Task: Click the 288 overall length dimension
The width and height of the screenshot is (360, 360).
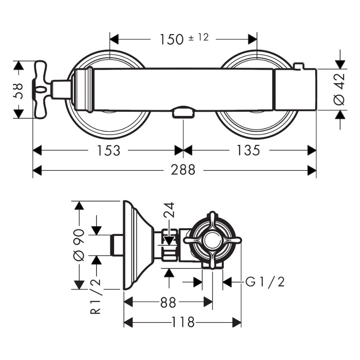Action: pos(183,170)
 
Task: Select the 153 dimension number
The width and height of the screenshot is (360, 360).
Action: pos(108,151)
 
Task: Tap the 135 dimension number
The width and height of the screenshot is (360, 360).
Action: pos(248,151)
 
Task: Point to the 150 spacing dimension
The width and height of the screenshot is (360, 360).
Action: pos(172,39)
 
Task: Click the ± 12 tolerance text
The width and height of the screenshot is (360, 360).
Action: pos(199,37)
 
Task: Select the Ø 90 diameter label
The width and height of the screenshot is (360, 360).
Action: pos(79,245)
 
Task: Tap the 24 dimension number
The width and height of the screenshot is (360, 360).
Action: pos(169,210)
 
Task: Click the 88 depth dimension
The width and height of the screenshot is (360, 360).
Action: pos(168,303)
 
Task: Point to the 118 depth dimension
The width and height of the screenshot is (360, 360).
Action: pos(183,322)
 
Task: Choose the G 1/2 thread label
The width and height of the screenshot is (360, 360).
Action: pos(265,282)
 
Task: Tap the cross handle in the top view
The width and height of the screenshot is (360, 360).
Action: pos(41,90)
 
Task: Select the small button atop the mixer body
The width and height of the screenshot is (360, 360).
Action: pos(299,66)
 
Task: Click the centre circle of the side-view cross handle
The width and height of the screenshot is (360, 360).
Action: pos(212,241)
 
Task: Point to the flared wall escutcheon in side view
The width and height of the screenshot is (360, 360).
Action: pos(138,245)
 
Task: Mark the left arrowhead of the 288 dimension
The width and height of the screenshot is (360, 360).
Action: pos(37,170)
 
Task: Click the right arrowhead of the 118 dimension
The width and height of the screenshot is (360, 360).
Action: pos(237,322)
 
